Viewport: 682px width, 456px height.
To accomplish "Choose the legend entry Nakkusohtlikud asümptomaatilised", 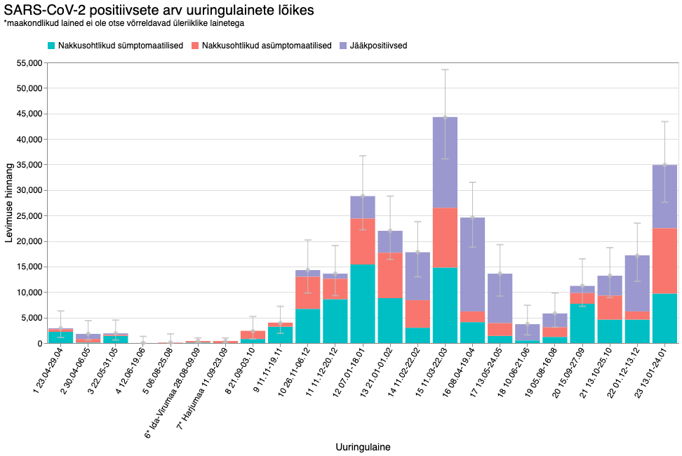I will click(266, 46).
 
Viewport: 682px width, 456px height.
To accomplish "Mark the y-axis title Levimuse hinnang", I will click(9, 203).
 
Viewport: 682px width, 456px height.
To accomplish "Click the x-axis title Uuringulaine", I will click(363, 446).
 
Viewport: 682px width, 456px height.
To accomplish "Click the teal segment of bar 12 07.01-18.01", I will click(363, 304).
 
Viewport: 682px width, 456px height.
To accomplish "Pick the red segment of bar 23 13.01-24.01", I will click(664, 261).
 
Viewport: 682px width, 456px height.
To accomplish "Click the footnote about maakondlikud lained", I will click(123, 24).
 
